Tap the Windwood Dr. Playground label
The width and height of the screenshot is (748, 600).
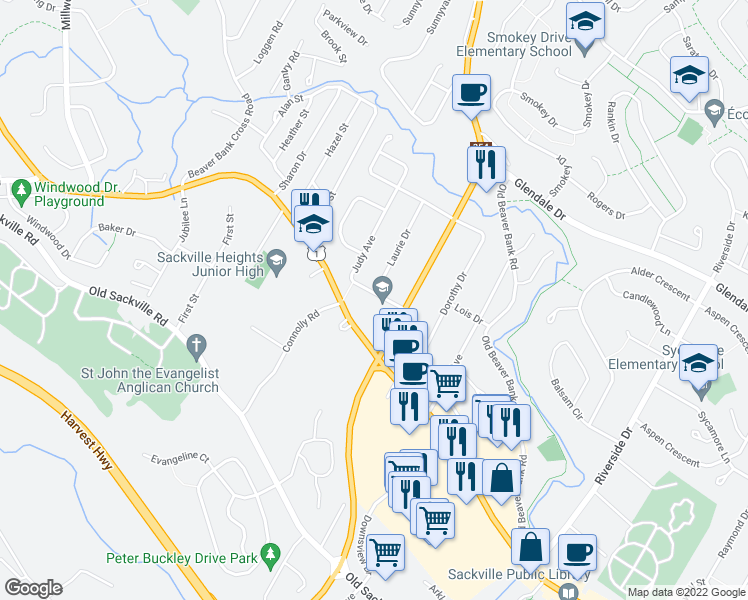coord(69,193)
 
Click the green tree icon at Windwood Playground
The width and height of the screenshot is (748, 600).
coord(19,187)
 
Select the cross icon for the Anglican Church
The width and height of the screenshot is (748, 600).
coord(197,346)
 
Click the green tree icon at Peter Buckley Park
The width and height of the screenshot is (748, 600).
coord(268,553)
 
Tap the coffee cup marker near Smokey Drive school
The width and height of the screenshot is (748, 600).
coord(471,93)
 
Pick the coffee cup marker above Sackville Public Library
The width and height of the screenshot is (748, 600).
coord(577,552)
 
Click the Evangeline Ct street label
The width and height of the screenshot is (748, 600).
coord(180,459)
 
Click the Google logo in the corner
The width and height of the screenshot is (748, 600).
coord(34,588)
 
